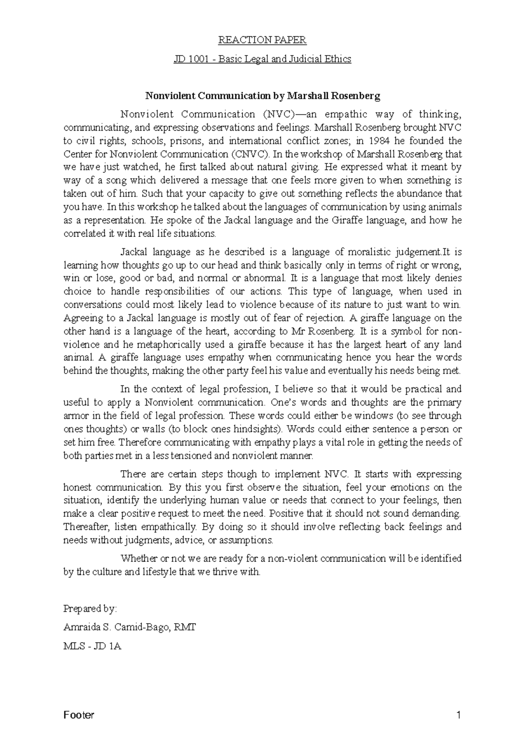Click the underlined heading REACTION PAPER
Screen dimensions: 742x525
tap(262, 40)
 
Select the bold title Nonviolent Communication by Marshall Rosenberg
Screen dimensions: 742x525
tap(262, 96)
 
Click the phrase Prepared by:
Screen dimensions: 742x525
tap(90, 609)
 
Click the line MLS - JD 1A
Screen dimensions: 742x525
tap(92, 646)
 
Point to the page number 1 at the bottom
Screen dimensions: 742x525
tap(458, 716)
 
